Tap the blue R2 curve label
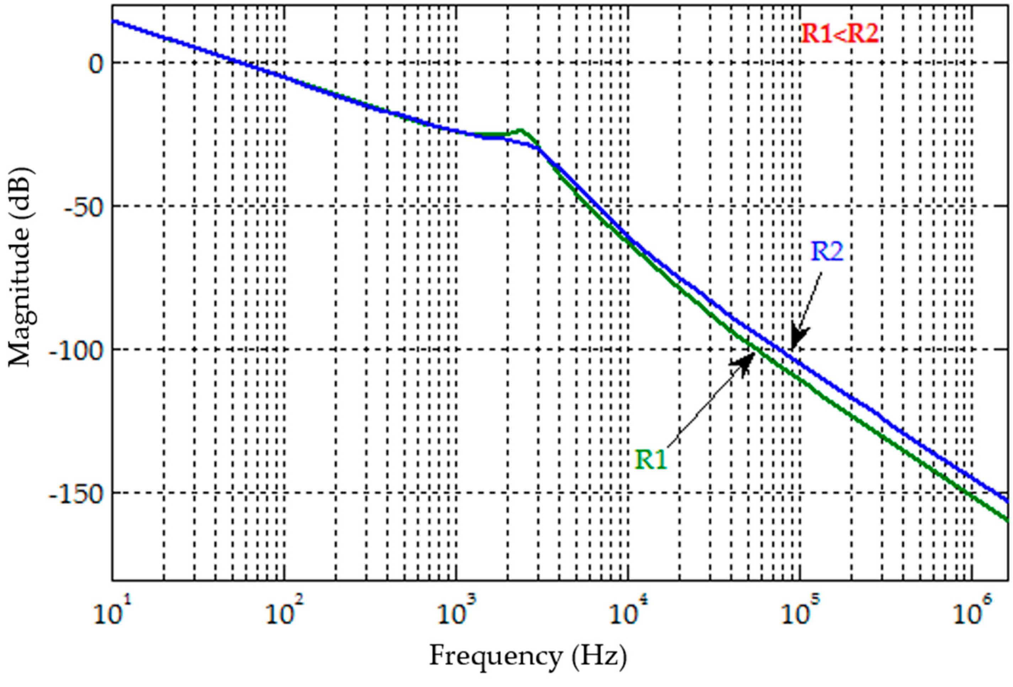coord(826,251)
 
